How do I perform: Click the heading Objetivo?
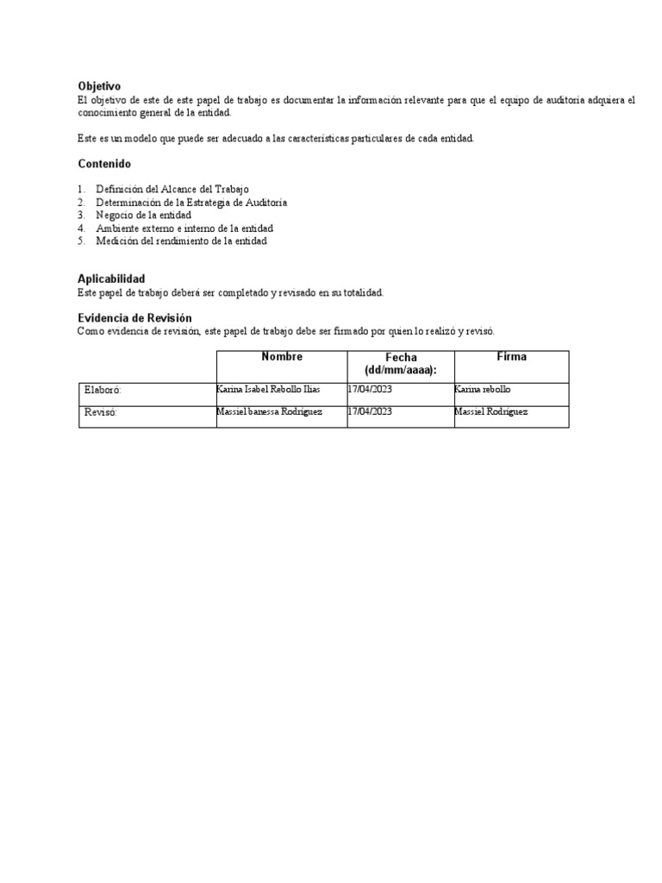99,86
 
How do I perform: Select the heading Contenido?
104,163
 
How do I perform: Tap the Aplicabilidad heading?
111,279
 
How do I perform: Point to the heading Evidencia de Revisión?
134,318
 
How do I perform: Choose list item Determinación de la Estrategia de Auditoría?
191,202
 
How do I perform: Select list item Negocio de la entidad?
143,215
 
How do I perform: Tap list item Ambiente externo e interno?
184,229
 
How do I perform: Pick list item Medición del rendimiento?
181,241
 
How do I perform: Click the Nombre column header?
282,357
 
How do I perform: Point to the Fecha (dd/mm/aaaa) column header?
401,364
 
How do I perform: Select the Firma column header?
511,357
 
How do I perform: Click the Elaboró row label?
103,391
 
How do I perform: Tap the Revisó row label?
100,413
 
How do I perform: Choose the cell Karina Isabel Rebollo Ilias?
268,390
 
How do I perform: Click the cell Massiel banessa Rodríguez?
270,412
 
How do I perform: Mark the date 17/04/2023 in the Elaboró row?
370,390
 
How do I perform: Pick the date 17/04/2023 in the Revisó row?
370,412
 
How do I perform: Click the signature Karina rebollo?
482,390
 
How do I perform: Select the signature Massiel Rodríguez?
490,412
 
